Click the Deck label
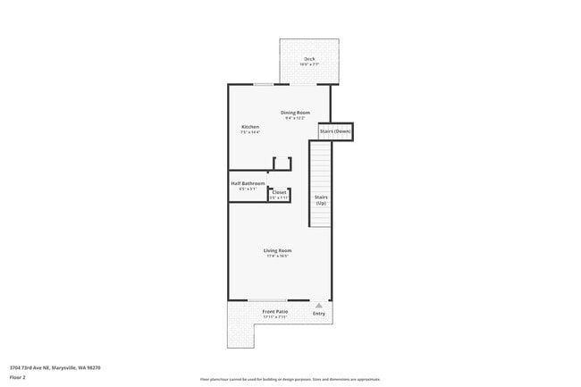[x=309, y=59]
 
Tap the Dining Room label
[x=295, y=112]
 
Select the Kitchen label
[x=250, y=127]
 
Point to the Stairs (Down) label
[x=335, y=131]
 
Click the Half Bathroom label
[x=248, y=183]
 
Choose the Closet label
[x=279, y=192]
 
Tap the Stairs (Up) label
[x=321, y=199]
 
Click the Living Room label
[x=277, y=250]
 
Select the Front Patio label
[x=274, y=311]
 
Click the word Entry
[x=319, y=313]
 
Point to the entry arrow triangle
[x=319, y=305]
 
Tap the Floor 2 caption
[x=17, y=377]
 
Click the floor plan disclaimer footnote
[x=290, y=379]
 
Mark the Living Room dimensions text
[x=277, y=256]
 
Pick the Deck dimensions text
[x=309, y=64]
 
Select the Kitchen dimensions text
[x=250, y=132]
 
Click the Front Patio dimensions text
[x=274, y=316]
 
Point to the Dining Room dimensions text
[x=295, y=117]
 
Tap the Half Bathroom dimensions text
[x=248, y=189]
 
